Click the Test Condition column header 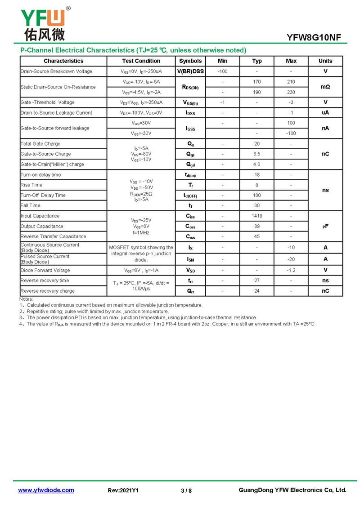(x=141, y=61)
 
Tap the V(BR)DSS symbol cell (x=190, y=71)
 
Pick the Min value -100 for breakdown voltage (x=222, y=71)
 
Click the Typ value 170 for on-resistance (x=257, y=82)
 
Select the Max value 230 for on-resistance (x=291, y=92)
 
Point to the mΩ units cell (x=325, y=87)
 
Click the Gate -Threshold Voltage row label (x=48, y=102)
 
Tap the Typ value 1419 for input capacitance (x=257, y=216)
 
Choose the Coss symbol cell (x=190, y=227)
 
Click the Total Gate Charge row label (x=40, y=144)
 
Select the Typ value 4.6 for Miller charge (x=257, y=165)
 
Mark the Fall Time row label (x=31, y=205)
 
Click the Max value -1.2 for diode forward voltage (x=291, y=271)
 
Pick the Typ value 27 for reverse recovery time (x=257, y=281)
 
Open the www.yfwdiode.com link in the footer (x=46, y=490)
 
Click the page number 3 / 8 (x=186, y=490)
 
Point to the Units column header (x=325, y=61)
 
